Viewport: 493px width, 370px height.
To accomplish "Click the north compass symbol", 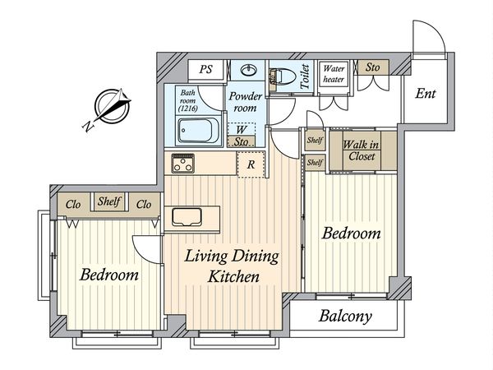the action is coord(113,106).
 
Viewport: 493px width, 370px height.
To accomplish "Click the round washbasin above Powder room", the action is coord(249,70).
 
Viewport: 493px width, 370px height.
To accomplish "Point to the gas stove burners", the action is coord(182,163).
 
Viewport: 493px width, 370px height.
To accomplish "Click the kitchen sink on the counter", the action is coord(187,217).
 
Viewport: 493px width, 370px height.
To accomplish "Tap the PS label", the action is coord(206,69).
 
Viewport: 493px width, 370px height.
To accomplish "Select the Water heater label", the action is coord(334,74).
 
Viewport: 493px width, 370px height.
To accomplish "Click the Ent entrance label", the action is coord(426,94).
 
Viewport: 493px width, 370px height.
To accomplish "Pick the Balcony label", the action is coord(345,316).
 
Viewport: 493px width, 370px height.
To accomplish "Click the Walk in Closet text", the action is coord(362,150).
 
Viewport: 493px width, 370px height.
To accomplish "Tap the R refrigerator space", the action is coord(251,164).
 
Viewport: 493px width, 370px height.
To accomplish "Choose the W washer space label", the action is coord(241,129).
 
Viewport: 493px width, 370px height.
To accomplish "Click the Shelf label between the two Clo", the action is coord(109,201).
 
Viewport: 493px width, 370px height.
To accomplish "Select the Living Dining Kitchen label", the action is coord(232,266).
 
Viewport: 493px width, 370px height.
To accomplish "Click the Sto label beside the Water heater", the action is coord(373,67).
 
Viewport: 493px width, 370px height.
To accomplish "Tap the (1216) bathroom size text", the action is coord(187,109).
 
